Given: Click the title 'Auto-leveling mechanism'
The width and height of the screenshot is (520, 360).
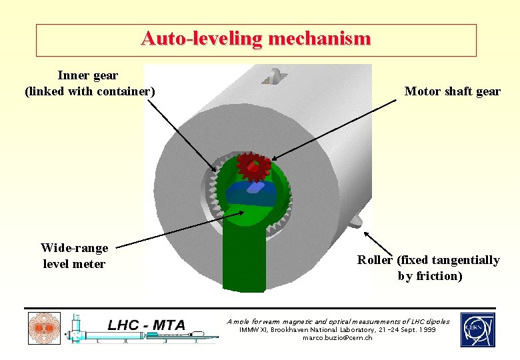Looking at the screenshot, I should [x=256, y=39].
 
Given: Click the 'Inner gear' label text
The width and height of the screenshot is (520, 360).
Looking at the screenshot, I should [x=89, y=75].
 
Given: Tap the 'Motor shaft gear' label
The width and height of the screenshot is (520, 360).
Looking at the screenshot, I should [x=452, y=91].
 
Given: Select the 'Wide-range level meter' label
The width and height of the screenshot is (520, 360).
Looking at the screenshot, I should [x=74, y=256].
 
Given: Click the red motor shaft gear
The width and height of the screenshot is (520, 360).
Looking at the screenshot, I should [x=253, y=168].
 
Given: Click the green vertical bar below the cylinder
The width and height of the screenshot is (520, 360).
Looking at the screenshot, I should [x=243, y=260].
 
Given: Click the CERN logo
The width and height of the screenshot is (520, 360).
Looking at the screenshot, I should [x=477, y=330].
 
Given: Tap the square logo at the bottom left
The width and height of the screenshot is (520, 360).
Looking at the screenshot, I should [x=44, y=329].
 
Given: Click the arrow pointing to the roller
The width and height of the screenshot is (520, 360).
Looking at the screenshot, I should [x=378, y=243].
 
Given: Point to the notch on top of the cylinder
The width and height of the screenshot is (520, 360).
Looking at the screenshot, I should [x=273, y=79].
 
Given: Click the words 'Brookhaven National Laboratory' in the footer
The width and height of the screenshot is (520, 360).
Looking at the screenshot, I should [x=323, y=330].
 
